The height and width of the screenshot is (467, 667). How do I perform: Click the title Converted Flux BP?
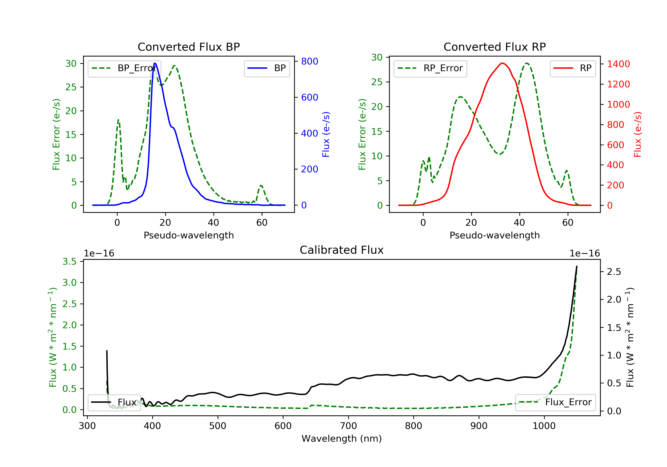pyautogui.click(x=189, y=47)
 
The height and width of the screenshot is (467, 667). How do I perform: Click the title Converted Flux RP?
pyautogui.click(x=494, y=47)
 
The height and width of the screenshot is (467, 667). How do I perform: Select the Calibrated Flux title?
pyautogui.click(x=342, y=250)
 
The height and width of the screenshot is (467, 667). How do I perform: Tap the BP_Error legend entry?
pyautogui.click(x=124, y=68)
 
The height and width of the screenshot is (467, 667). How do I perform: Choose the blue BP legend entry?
pyautogui.click(x=267, y=68)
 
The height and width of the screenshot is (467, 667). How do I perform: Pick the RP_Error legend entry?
pyautogui.click(x=430, y=68)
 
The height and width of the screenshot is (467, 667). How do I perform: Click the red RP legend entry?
pyautogui.click(x=573, y=68)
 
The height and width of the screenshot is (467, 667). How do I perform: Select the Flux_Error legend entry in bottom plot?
pyautogui.click(x=555, y=402)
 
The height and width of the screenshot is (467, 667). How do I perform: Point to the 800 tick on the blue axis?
pyautogui.click(x=309, y=61)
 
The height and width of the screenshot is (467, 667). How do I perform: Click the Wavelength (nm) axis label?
pyautogui.click(x=342, y=439)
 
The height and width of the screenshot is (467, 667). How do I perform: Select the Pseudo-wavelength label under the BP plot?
pyautogui.click(x=189, y=235)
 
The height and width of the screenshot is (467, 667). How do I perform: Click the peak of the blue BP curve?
pyautogui.click(x=155, y=63)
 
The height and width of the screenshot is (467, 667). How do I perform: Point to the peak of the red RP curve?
pyautogui.click(x=502, y=63)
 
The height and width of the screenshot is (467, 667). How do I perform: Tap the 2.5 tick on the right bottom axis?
pyautogui.click(x=614, y=272)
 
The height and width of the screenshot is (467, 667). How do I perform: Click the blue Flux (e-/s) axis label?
pyautogui.click(x=326, y=135)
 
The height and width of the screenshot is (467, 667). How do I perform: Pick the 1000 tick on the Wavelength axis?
pyautogui.click(x=544, y=426)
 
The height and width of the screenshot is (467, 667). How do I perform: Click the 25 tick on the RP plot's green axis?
pyautogui.click(x=377, y=82)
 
